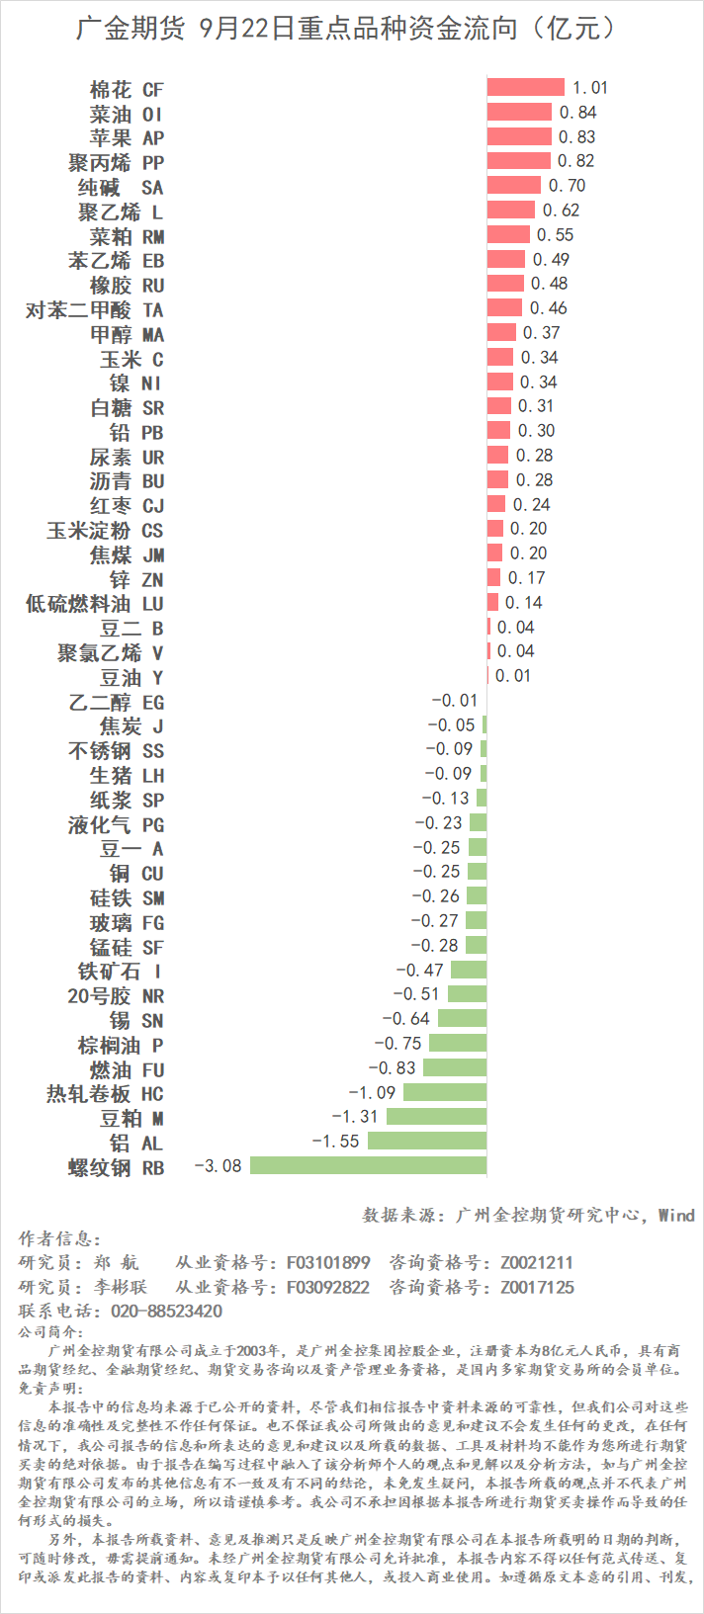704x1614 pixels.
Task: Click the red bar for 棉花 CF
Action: (x=525, y=88)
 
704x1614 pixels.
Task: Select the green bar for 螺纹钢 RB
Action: (x=368, y=1166)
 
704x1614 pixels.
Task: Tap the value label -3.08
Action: (x=219, y=1166)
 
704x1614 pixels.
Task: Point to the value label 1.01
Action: (x=590, y=88)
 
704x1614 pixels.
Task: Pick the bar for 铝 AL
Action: (x=426, y=1142)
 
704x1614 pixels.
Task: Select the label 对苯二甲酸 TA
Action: (x=95, y=309)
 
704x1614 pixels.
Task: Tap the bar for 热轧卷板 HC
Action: (x=444, y=1092)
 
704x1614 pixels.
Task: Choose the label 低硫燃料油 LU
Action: (x=95, y=603)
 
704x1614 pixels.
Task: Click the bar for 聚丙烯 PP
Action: (x=518, y=161)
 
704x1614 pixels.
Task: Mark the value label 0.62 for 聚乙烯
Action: (x=562, y=211)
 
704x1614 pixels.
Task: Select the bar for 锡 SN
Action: (x=462, y=1019)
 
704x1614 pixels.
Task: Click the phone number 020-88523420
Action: (x=161, y=1312)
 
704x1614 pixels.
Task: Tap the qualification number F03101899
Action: (x=328, y=1263)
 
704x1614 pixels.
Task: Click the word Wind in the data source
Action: (x=676, y=1216)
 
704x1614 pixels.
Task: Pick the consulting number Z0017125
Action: (x=537, y=1288)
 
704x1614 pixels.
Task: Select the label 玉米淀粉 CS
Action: (x=105, y=530)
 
